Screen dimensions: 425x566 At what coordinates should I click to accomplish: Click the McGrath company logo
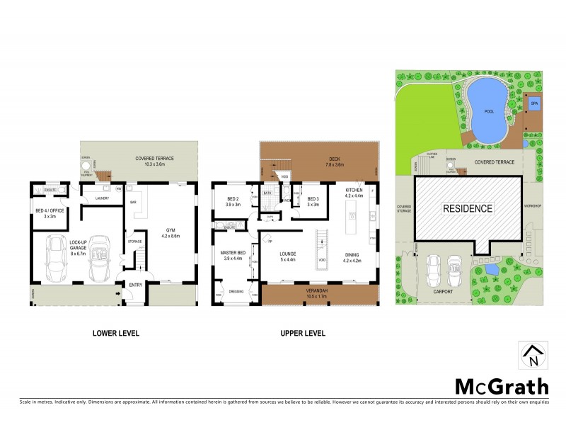coord(501,386)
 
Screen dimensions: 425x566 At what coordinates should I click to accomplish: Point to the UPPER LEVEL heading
coord(303,332)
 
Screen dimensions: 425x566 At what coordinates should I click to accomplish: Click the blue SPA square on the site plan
coord(534,103)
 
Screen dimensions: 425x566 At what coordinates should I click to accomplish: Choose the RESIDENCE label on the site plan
coord(468,208)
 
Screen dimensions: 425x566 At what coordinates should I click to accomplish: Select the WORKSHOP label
coord(532,206)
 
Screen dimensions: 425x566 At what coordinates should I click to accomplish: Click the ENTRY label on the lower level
coord(135,285)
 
